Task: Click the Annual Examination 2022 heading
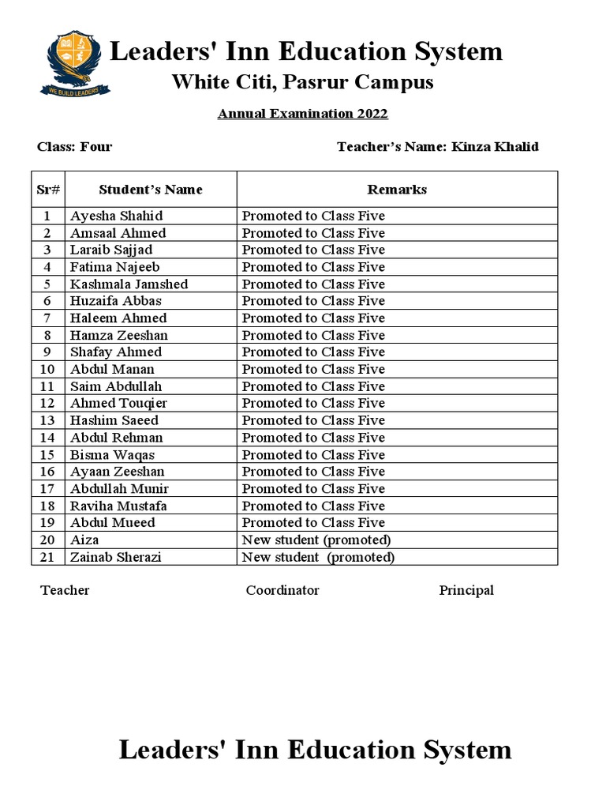(303, 114)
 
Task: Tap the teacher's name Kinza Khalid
(496, 147)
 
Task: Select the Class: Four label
(75, 147)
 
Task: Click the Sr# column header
(48, 190)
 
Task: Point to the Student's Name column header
(151, 190)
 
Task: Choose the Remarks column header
(397, 190)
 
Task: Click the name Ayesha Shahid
(117, 216)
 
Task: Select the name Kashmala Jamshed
(129, 284)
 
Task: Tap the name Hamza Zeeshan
(119, 335)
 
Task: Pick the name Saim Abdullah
(116, 386)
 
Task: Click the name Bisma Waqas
(113, 455)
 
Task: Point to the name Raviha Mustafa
(118, 506)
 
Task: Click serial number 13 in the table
(47, 420)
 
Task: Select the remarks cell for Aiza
(316, 540)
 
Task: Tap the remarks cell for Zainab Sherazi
(318, 557)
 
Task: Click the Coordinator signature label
(282, 591)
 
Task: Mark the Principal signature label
(466, 591)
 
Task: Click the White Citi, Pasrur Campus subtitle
(303, 82)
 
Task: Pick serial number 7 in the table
(47, 318)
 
